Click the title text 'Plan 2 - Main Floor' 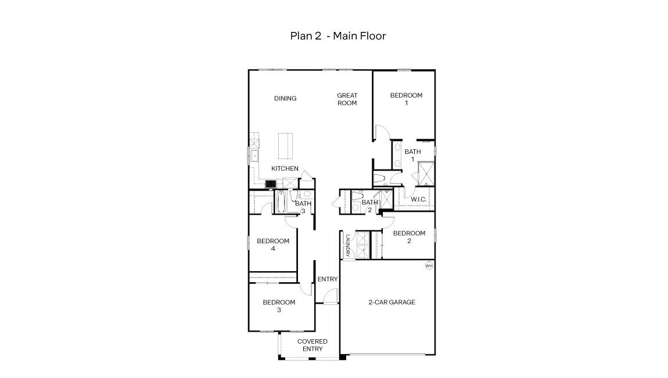338,36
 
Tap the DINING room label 285,99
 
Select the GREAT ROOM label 347,99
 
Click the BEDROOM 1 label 406,99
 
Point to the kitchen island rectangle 285,145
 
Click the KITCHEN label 285,169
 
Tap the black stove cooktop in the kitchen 270,183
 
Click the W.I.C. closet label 419,200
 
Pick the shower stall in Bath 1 426,172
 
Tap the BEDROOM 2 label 409,237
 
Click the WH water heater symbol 429,266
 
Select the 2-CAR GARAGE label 392,303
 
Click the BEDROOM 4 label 273,245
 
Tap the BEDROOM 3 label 279,306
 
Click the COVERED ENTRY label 313,345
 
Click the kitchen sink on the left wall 254,155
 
